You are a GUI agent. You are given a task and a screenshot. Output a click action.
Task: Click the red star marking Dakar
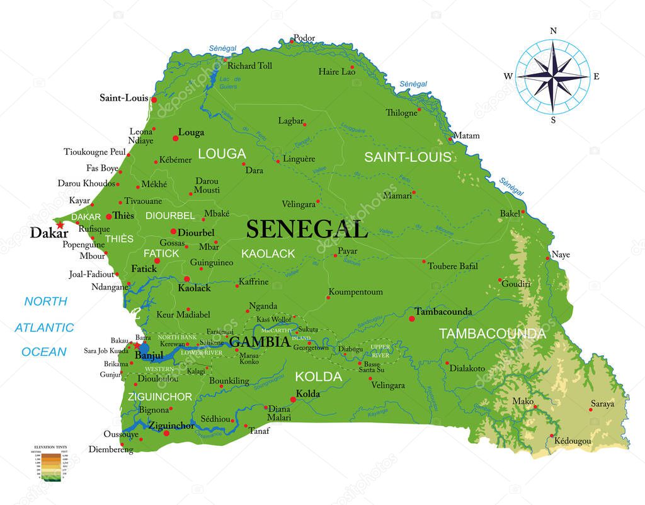60,225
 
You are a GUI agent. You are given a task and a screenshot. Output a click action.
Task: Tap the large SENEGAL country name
307,229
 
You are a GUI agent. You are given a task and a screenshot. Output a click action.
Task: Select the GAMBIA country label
260,342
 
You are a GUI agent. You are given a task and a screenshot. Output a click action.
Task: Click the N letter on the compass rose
553,31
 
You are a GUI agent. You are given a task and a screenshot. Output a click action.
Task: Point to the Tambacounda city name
443,312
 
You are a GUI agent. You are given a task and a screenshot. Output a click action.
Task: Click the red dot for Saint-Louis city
154,99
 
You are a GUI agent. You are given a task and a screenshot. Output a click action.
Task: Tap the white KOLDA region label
318,377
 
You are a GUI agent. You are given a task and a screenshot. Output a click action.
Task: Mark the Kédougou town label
573,441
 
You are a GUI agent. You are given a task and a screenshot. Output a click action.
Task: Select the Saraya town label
602,404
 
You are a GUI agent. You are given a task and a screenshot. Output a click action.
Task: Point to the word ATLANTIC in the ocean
44,327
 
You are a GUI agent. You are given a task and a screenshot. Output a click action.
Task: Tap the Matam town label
467,135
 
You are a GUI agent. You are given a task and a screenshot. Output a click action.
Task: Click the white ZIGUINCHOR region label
159,397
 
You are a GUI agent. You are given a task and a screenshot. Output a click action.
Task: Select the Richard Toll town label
250,65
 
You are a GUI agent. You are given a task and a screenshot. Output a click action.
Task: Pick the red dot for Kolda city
292,400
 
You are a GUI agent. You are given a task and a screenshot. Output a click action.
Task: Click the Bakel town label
510,213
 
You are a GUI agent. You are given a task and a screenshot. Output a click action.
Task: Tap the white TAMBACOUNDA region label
492,334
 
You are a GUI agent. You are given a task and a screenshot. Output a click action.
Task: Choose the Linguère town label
299,159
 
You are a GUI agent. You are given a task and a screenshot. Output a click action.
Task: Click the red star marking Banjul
136,345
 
